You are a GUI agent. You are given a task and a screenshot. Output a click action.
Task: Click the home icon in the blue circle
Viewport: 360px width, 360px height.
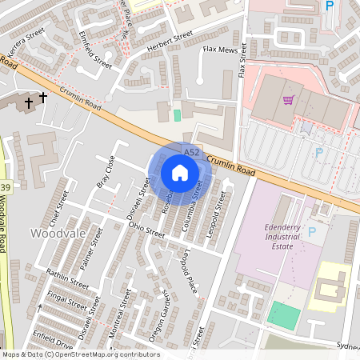click(x=180, y=172)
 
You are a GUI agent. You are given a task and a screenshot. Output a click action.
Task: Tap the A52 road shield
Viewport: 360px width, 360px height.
click(x=191, y=151)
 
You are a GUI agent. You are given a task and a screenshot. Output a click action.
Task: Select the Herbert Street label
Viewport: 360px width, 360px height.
click(x=170, y=42)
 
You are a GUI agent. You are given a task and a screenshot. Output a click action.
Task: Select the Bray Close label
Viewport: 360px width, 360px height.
click(x=106, y=170)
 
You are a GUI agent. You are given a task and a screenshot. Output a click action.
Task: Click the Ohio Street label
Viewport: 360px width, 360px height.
click(x=146, y=229)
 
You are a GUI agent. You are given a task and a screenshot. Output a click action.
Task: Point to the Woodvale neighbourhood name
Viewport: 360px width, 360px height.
click(x=54, y=233)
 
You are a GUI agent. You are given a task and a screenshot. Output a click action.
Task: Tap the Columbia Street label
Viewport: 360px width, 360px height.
click(x=192, y=206)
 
